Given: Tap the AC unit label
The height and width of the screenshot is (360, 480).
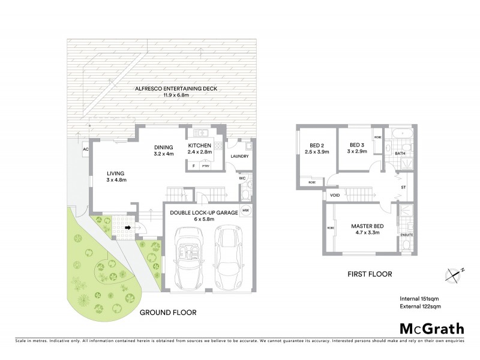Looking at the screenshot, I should pyautogui.click(x=85, y=149).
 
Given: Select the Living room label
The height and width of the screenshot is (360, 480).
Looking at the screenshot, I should pyautogui.click(x=116, y=176).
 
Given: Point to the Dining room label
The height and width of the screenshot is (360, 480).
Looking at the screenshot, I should pyautogui.click(x=163, y=150).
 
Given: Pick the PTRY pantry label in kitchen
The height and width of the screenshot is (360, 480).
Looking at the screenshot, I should pyautogui.click(x=205, y=165).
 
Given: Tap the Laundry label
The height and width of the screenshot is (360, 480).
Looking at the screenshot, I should pyautogui.click(x=239, y=157).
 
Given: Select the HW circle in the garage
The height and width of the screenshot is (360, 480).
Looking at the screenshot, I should pyautogui.click(x=245, y=210).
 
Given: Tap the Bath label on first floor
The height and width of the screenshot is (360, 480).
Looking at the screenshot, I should pyautogui.click(x=400, y=154).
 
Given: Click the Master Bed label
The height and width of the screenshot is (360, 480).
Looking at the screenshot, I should pyautogui.click(x=367, y=229).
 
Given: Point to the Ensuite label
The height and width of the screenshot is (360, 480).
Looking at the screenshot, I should pyautogui.click(x=405, y=234).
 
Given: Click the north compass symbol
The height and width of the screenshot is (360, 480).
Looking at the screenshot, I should pyautogui.click(x=454, y=275).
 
